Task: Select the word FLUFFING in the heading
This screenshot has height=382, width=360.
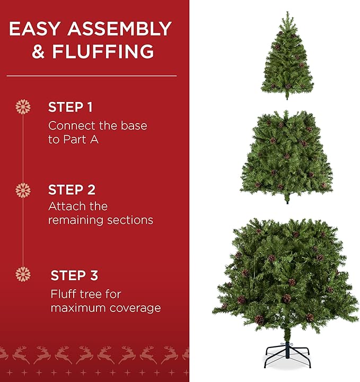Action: tap(103, 51)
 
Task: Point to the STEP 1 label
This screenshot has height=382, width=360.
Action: tap(71, 107)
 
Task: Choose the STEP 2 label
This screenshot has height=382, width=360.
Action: tap(72, 189)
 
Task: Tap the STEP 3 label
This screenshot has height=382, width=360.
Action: tap(74, 275)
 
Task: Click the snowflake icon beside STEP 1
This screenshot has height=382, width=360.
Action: tap(23, 107)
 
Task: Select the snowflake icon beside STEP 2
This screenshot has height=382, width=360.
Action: tap(23, 190)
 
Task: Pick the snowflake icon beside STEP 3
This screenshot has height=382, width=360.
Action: tap(23, 274)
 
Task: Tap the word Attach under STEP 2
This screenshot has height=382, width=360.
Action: tap(63, 206)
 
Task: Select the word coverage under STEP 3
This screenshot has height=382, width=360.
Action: tap(135, 307)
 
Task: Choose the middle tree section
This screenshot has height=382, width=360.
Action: tap(287, 154)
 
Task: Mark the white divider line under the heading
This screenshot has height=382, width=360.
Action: tap(91, 76)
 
